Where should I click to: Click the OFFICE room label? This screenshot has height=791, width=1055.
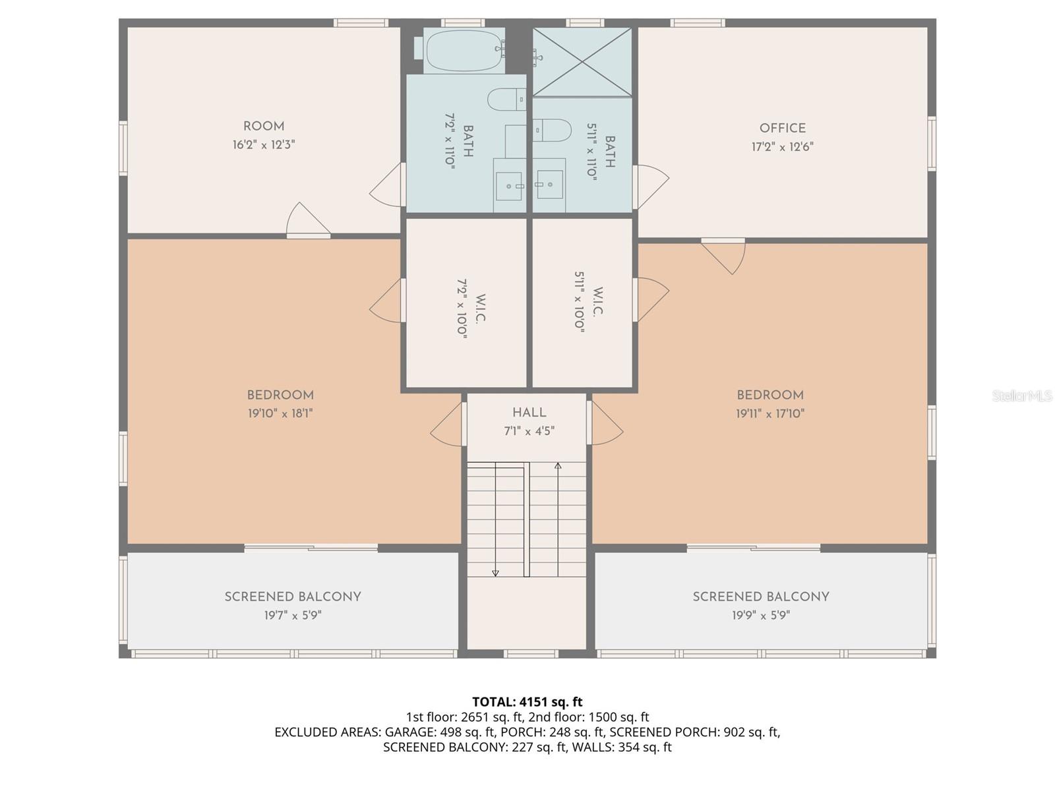pos(782,129)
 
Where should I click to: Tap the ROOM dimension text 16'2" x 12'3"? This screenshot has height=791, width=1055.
pos(264,145)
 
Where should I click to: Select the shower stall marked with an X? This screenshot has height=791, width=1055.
pos(582,62)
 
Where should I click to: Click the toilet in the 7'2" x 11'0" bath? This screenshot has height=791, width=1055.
pos(506,100)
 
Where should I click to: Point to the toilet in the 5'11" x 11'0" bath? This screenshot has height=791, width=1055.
pos(553,130)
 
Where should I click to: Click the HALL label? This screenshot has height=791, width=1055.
pos(529,413)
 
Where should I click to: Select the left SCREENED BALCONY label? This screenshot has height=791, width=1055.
pos(293,597)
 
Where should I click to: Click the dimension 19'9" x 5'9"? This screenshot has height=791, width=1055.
pos(761,616)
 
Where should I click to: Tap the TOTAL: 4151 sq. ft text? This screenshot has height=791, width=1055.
pos(527,702)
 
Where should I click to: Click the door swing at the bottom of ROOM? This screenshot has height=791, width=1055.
pos(307,220)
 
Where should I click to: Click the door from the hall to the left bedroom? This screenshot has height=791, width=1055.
pos(448,425)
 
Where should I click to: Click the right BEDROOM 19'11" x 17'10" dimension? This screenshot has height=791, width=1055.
pos(770,414)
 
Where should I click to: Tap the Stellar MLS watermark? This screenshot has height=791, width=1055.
pos(1022,396)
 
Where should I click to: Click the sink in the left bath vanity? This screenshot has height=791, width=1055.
pos(509,187)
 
